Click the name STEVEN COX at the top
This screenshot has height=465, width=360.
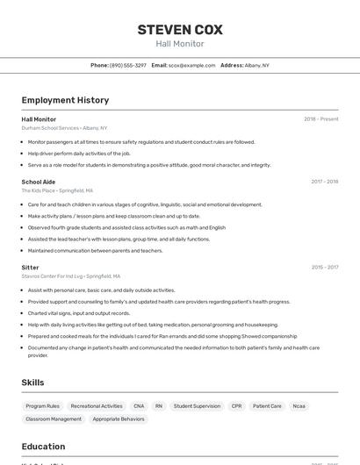point(180,29)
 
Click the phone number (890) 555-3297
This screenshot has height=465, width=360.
point(128,65)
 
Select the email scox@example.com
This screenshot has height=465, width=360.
point(191,65)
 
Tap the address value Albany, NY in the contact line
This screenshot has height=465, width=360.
point(257,65)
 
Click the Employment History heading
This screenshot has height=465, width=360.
point(65,100)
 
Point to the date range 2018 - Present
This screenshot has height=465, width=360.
point(320,119)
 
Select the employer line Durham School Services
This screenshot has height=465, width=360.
point(64,128)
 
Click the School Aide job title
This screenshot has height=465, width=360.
point(38,182)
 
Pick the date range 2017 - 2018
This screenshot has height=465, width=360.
point(324,182)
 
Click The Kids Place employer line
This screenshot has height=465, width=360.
point(57,190)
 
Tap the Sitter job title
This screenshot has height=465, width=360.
point(30,267)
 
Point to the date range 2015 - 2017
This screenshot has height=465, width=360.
point(324,267)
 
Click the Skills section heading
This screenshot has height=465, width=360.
point(33,383)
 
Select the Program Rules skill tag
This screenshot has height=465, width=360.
point(43,406)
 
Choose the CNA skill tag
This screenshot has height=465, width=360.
point(139,406)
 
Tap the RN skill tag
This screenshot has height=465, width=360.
point(159,406)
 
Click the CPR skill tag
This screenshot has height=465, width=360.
point(236,406)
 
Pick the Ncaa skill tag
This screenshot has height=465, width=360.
point(299,406)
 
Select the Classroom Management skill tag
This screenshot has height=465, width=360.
point(54,419)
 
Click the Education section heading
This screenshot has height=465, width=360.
point(43,447)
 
